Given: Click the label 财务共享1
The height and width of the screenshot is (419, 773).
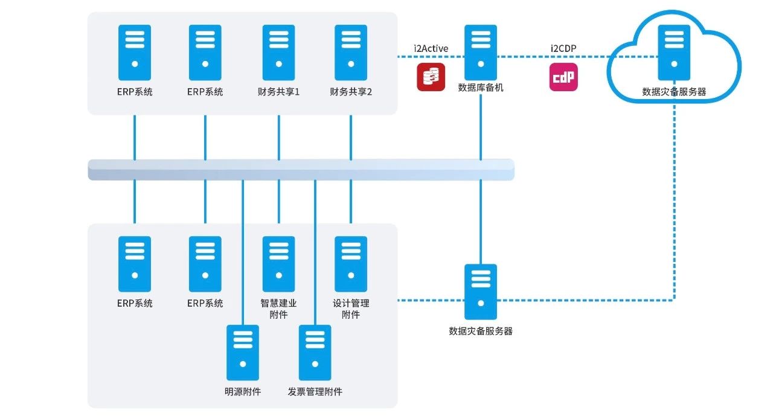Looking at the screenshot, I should tap(278, 92).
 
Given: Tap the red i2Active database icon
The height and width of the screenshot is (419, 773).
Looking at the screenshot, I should tap(431, 77).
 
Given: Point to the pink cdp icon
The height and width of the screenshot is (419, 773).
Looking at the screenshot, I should tap(563, 77).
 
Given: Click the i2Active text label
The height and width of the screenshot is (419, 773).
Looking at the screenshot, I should tap(431, 48).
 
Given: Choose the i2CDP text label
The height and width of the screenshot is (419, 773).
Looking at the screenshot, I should tap(563, 48).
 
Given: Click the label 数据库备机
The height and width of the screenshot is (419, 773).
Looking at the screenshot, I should tap(481, 88).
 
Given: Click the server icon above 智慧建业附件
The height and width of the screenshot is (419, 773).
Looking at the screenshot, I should tap(278, 264).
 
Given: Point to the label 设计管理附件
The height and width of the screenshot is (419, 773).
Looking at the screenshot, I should tap(351, 309).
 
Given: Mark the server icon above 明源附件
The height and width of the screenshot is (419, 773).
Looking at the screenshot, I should tap(242, 353).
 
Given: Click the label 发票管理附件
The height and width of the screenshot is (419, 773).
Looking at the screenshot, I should tap(315, 392).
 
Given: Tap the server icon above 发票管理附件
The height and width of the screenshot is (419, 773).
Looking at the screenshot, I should tap(315, 353).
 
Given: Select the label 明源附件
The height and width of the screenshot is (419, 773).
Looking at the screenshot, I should tap(242, 392).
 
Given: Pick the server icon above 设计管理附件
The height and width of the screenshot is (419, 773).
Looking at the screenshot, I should tap(351, 264).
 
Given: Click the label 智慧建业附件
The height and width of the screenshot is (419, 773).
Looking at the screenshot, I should tap(278, 309).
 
